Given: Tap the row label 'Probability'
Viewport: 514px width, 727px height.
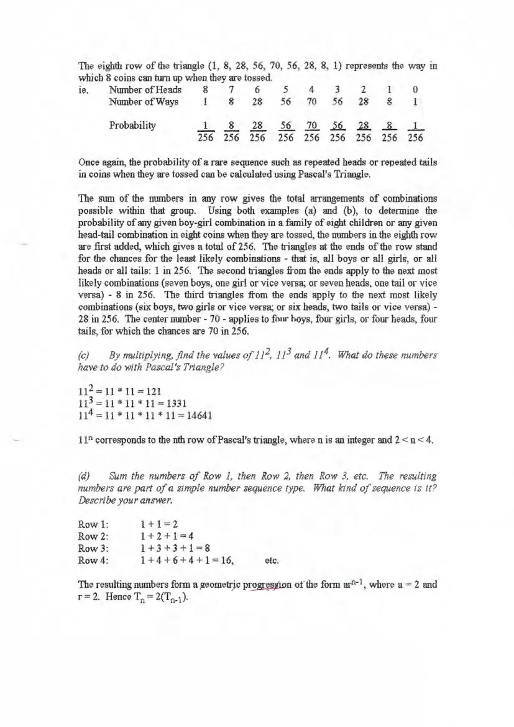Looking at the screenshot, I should pos(132,124).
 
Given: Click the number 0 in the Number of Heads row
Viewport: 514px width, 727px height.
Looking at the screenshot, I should pos(416,89).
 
